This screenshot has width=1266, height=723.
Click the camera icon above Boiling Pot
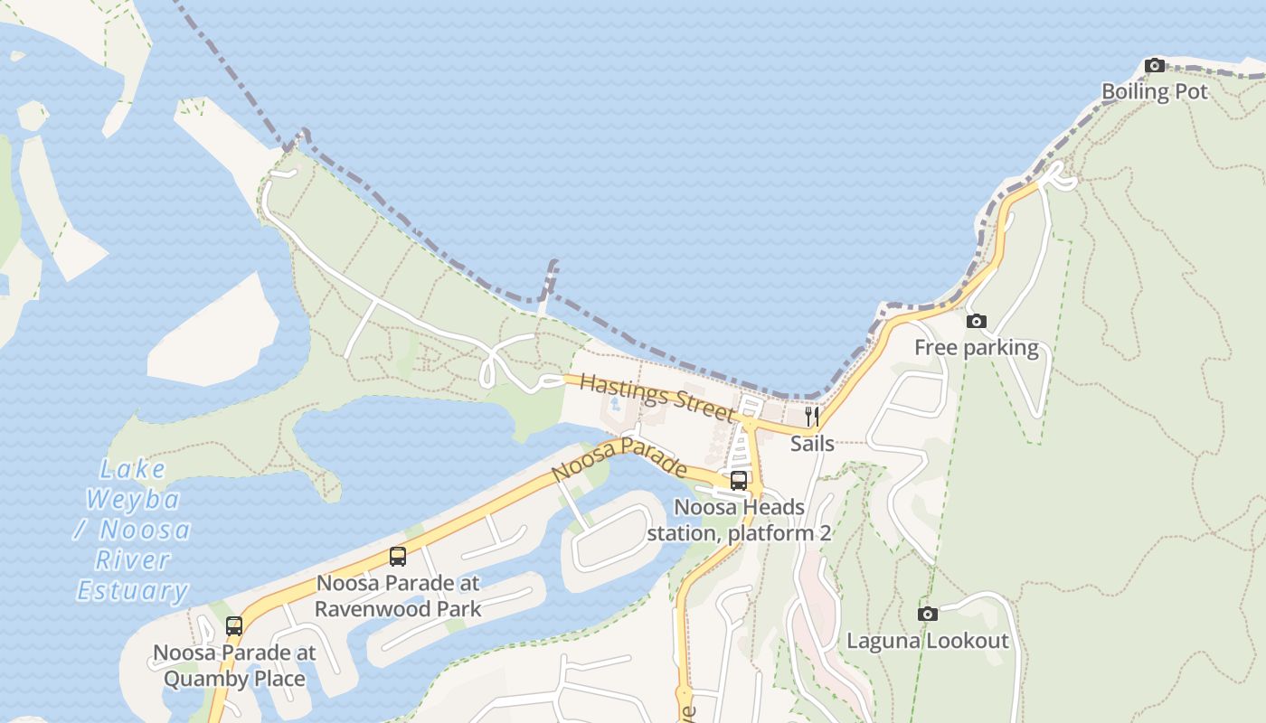point(1155,65)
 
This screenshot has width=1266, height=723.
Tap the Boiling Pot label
point(1154,91)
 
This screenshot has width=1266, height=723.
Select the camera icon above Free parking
point(976,321)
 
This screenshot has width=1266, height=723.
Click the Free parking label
point(976,347)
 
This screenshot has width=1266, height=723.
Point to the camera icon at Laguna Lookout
point(927,615)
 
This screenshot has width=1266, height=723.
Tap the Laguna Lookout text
point(927,641)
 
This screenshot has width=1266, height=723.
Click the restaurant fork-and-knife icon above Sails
point(812,417)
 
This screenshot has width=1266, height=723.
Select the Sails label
point(812,444)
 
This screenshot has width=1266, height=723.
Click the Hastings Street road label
point(657,397)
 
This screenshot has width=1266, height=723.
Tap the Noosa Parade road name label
point(619,460)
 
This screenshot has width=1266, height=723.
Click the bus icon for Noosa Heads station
point(739,481)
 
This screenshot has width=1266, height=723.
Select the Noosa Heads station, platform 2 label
point(739,521)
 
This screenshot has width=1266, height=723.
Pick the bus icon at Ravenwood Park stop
point(398,557)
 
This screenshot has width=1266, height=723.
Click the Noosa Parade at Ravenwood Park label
point(398,596)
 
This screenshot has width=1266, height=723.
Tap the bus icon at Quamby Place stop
point(234,625)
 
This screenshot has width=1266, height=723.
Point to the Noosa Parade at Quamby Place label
point(234,665)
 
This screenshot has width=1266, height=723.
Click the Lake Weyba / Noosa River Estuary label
point(133,530)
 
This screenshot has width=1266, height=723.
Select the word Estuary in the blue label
point(133,591)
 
